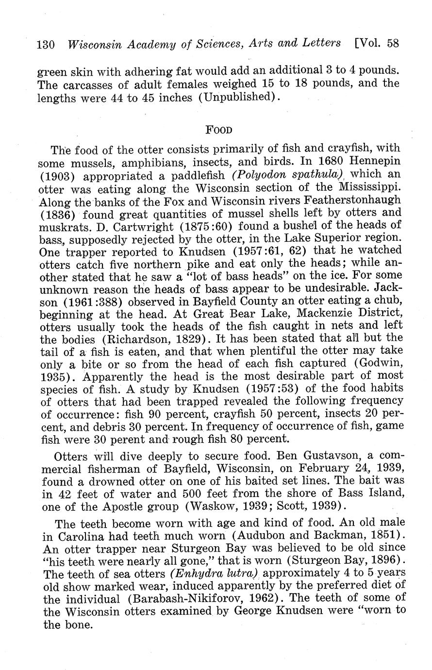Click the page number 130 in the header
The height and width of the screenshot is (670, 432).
(x=47, y=44)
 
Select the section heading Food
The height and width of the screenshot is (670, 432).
(x=219, y=130)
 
